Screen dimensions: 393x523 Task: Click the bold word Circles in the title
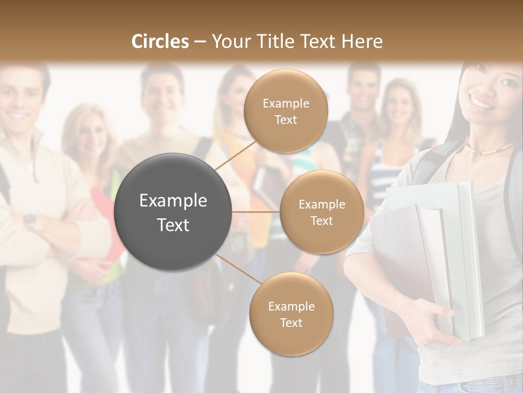click(x=160, y=41)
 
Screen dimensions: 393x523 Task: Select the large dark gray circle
click(x=173, y=212)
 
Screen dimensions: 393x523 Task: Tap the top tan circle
click(x=285, y=111)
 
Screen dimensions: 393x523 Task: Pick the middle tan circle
click(x=321, y=212)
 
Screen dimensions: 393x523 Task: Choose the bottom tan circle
click(x=291, y=314)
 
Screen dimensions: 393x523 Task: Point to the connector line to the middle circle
click(x=256, y=212)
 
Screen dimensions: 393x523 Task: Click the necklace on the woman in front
click(x=490, y=148)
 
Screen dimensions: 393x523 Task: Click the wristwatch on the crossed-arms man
click(x=31, y=221)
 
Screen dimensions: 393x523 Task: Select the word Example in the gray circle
click(x=173, y=201)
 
